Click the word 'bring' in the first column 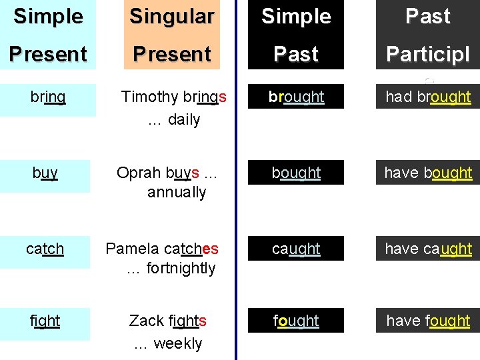(x=48, y=97)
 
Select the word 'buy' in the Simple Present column (x=45, y=173)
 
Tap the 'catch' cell (x=45, y=249)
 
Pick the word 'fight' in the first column (x=45, y=321)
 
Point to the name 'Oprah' (x=137, y=173)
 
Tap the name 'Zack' (x=146, y=321)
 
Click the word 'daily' (x=183, y=120)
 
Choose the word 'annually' (x=177, y=193)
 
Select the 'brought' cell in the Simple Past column (x=296, y=97)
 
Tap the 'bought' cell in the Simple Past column (x=296, y=173)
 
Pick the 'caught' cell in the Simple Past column (x=296, y=249)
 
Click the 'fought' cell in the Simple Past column (x=296, y=321)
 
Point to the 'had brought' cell (x=428, y=97)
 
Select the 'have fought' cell (x=428, y=321)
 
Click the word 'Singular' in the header (x=172, y=17)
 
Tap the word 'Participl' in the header (x=428, y=54)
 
